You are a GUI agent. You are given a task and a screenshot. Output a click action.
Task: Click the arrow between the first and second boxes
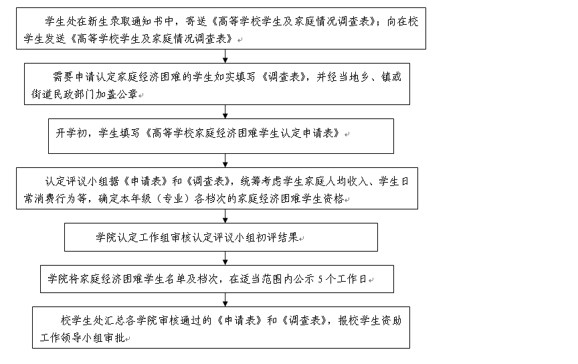pyautogui.click(x=225, y=56)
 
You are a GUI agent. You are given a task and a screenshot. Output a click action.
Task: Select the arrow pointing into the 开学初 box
pyautogui.click(x=225, y=112)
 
